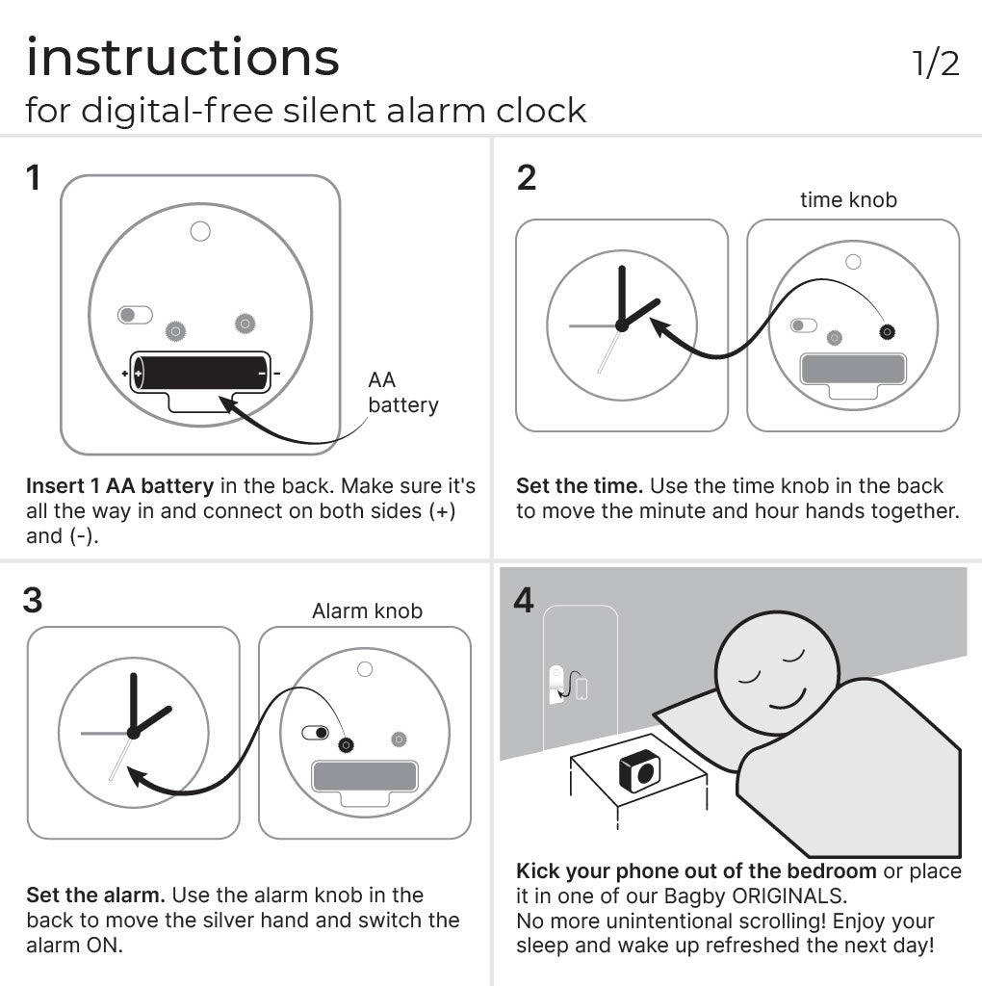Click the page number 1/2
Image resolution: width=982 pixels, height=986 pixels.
pyautogui.click(x=935, y=64)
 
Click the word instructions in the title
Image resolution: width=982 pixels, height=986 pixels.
pyautogui.click(x=183, y=58)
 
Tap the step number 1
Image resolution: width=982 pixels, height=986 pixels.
pyautogui.click(x=35, y=178)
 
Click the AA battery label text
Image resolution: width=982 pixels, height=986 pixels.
pyautogui.click(x=401, y=393)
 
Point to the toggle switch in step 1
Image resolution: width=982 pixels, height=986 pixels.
pyautogui.click(x=135, y=315)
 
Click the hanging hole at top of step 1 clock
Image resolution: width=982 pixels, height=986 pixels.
pyautogui.click(x=200, y=231)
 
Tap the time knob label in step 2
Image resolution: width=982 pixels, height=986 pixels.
pyautogui.click(x=848, y=200)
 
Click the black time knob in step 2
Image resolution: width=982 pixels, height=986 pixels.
pyautogui.click(x=886, y=332)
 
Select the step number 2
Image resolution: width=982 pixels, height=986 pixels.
pyautogui.click(x=526, y=178)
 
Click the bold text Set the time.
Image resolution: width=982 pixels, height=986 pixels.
pyautogui.click(x=579, y=486)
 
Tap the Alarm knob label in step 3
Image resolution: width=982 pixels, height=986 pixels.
pyautogui.click(x=367, y=611)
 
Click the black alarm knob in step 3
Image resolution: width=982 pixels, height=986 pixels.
pyautogui.click(x=345, y=744)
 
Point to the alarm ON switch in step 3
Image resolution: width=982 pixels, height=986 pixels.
pyautogui.click(x=315, y=734)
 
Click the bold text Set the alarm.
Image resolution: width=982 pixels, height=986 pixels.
pyautogui.click(x=95, y=895)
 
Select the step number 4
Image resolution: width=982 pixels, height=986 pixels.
pyautogui.click(x=524, y=600)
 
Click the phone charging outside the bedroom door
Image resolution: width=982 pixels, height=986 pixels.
pyautogui.click(x=581, y=688)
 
